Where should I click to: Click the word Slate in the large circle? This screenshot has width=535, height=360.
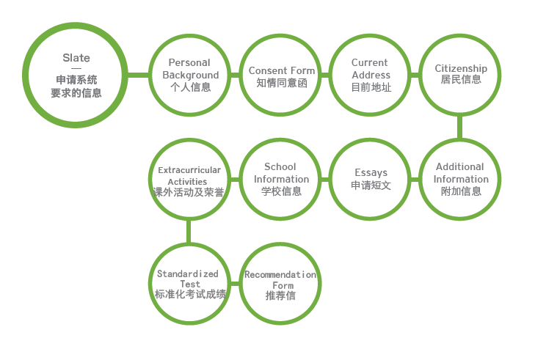tap(76, 58)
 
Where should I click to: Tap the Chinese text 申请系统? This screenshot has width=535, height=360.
tap(76, 80)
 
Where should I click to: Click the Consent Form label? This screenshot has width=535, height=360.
tap(282, 71)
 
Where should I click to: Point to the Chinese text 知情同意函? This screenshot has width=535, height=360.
tap(282, 83)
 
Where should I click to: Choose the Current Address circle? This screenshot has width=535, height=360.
tap(371, 75)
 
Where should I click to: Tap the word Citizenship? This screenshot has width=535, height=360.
tap(461, 69)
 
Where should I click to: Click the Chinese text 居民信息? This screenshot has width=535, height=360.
tap(461, 80)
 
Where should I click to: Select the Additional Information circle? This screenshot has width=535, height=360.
tap(461, 179)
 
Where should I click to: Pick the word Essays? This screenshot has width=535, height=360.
tap(371, 173)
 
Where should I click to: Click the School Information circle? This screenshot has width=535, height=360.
tap(282, 179)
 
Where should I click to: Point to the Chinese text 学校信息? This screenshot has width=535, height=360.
tap(282, 191)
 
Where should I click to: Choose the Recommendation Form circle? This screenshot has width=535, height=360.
tap(280, 284)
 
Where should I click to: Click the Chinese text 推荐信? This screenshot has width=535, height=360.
tap(280, 295)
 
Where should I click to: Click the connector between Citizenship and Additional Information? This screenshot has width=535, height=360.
tap(460, 127)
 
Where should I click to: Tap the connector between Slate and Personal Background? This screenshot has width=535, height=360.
tap(138, 74)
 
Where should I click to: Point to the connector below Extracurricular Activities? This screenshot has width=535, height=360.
tap(189, 232)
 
